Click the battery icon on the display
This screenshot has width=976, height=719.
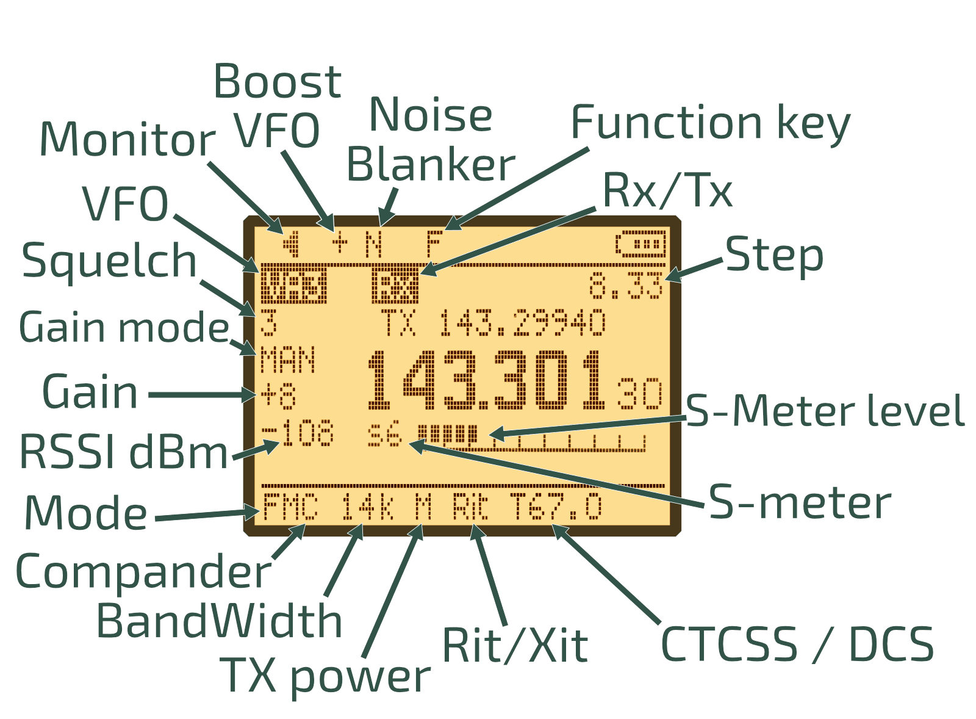pos(640,245)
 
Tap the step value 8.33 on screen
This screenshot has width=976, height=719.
pos(626,286)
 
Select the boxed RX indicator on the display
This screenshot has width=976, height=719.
pos(395,286)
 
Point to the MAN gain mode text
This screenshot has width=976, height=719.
pos(287,360)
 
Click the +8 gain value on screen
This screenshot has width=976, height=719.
pos(278,396)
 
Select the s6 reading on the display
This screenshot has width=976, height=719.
pos(385,435)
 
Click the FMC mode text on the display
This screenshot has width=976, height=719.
pos(290,508)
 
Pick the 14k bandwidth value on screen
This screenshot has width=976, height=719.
pos(367,508)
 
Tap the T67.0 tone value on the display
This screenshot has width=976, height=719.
pos(556,508)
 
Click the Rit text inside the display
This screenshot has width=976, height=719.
pos(470,508)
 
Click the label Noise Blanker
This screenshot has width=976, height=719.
pos(431,140)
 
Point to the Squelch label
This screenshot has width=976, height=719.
pos(109,261)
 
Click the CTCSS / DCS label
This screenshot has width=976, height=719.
pos(797,645)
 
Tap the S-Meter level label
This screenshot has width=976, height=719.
pos(825,411)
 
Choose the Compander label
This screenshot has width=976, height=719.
pos(143,573)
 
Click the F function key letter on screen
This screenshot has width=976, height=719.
pos(433,244)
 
